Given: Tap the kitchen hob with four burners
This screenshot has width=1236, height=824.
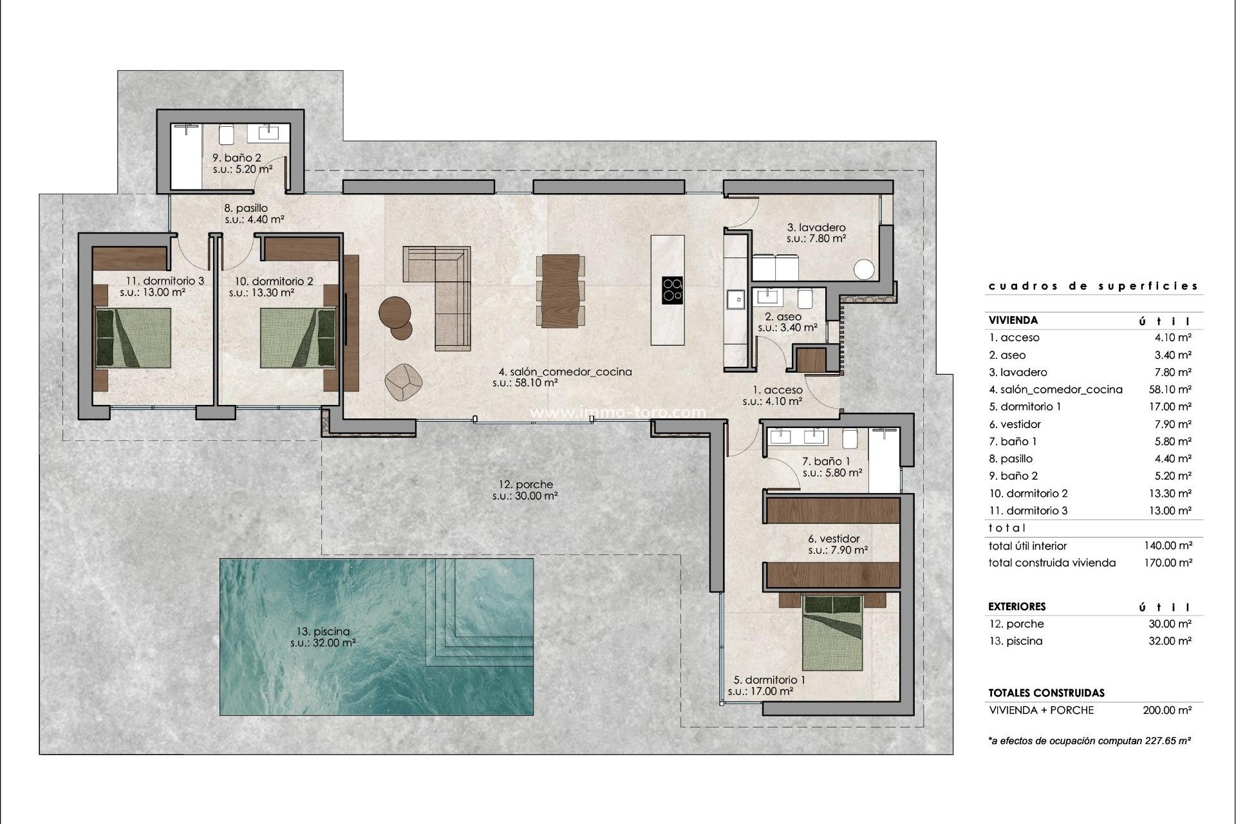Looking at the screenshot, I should [672, 290].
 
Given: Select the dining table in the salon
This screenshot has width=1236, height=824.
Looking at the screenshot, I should [560, 291].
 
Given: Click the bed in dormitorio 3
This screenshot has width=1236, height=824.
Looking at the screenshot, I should [133, 338].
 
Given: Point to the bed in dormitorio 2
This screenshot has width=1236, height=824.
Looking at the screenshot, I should [298, 338].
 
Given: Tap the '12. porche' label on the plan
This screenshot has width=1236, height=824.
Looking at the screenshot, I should [525, 485].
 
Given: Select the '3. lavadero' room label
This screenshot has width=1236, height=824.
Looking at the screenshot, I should [816, 227].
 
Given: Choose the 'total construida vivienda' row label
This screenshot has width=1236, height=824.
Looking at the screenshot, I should [1052, 563].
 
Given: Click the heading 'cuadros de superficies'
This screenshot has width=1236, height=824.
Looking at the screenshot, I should [1093, 286].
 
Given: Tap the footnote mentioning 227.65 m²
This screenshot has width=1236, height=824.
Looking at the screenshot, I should [1089, 741].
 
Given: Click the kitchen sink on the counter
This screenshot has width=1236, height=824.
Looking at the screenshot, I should [735, 299].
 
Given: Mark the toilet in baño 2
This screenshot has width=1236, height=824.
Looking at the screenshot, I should [225, 135].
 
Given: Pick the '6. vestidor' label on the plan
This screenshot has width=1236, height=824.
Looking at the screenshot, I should [834, 539].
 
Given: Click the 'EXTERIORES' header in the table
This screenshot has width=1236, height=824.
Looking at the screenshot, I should [1017, 606].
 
